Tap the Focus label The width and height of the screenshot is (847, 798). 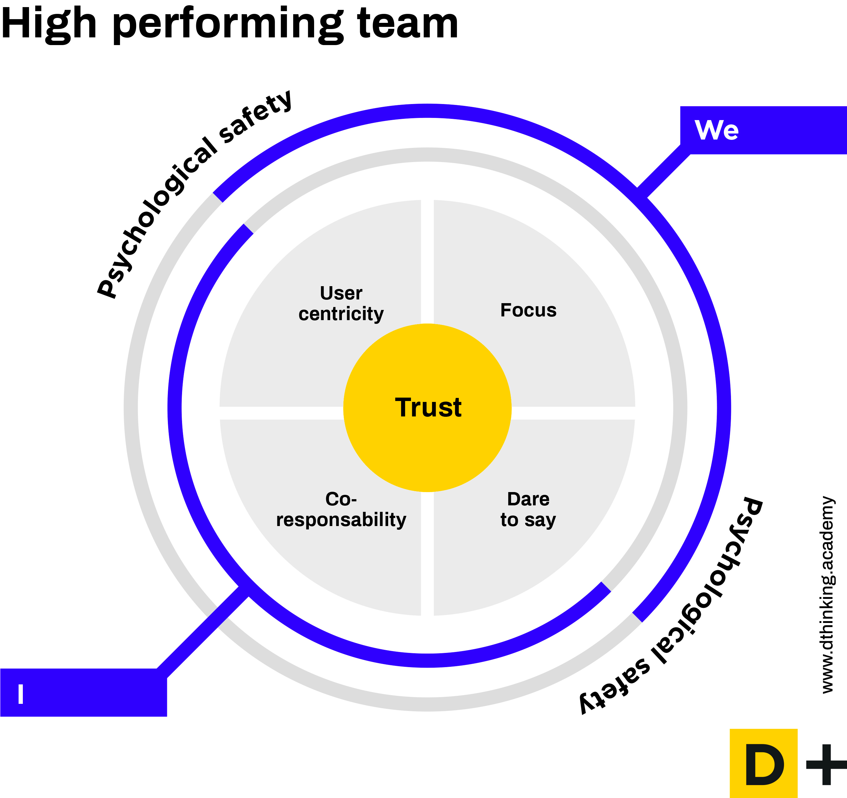528,310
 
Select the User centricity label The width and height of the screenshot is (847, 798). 341,303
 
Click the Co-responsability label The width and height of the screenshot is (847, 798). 341,509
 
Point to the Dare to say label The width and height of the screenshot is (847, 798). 528,509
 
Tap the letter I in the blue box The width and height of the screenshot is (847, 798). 20,694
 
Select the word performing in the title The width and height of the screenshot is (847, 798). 228,26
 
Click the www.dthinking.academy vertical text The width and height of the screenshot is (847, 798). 827,595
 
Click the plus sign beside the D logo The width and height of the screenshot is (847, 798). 826,765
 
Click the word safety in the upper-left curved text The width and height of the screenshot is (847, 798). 255,117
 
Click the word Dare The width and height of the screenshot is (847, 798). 528,499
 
